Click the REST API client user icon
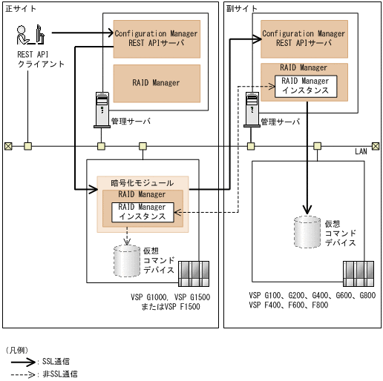coord(30,34)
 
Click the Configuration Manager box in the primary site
coord(156,39)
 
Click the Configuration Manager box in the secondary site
coord(304,39)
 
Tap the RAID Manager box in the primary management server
coord(156,83)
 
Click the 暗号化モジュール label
coord(137,182)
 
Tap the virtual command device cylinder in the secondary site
coord(309,231)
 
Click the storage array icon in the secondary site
coord(359,272)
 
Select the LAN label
coord(361,151)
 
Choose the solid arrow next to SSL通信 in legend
coord(22,362)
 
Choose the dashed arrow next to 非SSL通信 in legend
coord(22,374)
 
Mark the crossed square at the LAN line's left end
coord(7,145)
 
